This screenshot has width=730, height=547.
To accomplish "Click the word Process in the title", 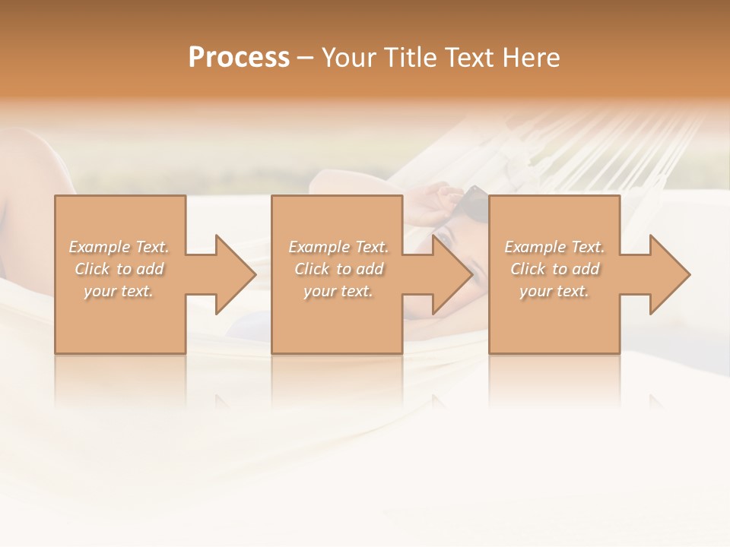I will click(x=239, y=58).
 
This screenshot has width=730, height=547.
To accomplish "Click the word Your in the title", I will click(x=347, y=58).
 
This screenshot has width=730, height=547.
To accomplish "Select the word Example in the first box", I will click(x=100, y=247).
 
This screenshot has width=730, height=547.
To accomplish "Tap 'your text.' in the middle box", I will click(x=338, y=291).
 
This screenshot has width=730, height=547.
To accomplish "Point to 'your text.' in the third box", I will click(x=554, y=291).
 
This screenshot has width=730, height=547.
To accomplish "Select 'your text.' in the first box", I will click(x=118, y=291).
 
